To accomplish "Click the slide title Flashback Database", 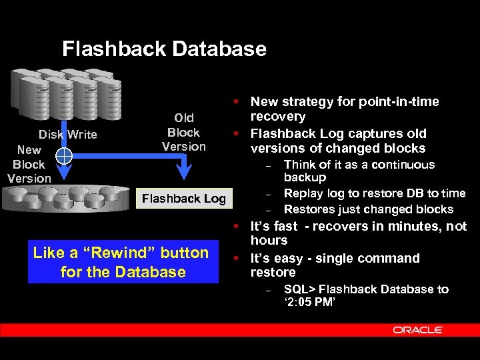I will tap(164, 49).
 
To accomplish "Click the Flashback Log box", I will tap(183, 199).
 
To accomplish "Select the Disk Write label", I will tap(67, 135).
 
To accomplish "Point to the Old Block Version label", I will tap(183, 133).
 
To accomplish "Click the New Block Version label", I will tap(29, 164).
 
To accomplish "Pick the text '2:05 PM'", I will tap(309, 303).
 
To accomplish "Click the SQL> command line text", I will tap(365, 289).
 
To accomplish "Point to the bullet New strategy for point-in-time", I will tap(344, 102).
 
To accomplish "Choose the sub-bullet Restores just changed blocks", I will tap(368, 209).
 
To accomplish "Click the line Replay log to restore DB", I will tap(374, 193).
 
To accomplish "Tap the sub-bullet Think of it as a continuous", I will tap(359, 165).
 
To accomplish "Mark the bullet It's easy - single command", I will tap(335, 258).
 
